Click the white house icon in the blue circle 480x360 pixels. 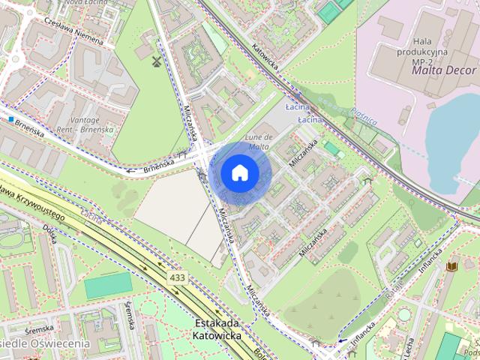pos(239,172)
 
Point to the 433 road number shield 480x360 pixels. pos(178,277)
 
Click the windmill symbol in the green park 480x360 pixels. pos(156,60)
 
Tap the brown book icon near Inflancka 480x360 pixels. pos(451,265)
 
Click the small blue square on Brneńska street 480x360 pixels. pos(12,118)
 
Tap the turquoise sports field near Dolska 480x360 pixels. pos(107,285)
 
